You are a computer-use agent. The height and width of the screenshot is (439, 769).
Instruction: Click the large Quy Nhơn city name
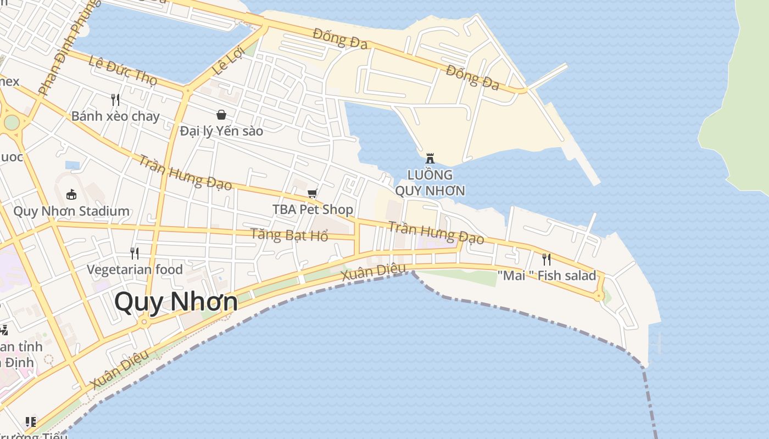click(176, 302)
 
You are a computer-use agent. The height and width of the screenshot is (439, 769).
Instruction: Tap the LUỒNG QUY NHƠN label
click(430, 183)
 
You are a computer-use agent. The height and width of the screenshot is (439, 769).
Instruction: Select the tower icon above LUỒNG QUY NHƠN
click(430, 159)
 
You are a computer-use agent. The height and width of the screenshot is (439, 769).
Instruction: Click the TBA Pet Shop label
click(313, 210)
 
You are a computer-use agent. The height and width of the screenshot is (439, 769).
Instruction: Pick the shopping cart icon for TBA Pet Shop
click(313, 193)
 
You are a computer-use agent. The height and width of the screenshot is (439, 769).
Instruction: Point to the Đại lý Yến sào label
click(221, 131)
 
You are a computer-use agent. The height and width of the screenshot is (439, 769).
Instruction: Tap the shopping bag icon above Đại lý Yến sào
click(221, 115)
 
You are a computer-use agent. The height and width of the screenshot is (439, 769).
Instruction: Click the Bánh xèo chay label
click(115, 116)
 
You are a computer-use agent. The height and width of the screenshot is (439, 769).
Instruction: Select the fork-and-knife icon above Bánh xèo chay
click(115, 99)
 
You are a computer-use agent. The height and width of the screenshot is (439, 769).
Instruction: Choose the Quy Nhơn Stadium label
click(71, 211)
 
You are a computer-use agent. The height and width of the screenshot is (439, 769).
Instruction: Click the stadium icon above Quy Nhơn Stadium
click(71, 194)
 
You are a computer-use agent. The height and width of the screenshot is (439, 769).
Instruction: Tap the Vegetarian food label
click(135, 269)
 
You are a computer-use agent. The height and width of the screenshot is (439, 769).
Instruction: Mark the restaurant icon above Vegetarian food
click(134, 253)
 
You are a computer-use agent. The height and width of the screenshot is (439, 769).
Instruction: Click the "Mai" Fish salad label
click(547, 275)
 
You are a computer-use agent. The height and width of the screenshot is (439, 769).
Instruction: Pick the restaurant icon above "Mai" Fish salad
click(547, 259)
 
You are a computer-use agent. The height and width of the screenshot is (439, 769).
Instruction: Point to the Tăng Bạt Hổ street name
click(289, 235)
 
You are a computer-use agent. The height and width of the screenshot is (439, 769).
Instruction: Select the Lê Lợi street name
click(228, 61)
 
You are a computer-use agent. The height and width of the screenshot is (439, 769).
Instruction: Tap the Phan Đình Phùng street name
click(69, 47)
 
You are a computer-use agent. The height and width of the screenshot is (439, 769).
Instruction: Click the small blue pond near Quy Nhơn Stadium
click(73, 165)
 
